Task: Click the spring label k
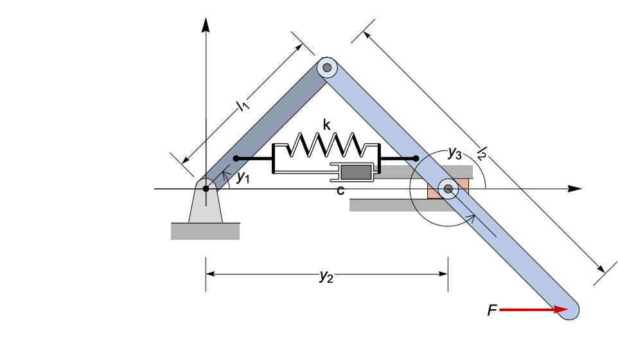tap(327, 125)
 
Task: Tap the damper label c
tap(340, 190)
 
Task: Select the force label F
tap(491, 311)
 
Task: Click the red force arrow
tap(533, 310)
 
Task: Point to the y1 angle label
tap(242, 177)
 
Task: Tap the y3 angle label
tap(454, 153)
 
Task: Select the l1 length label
tap(242, 105)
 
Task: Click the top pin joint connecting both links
tap(328, 67)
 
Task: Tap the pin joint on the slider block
tap(448, 188)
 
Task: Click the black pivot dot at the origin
tap(206, 188)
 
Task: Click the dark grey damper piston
tap(356, 172)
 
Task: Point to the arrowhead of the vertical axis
tap(206, 24)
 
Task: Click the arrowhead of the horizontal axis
tap(575, 188)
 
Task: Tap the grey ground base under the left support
tap(205, 231)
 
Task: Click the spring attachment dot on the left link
tap(236, 158)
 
